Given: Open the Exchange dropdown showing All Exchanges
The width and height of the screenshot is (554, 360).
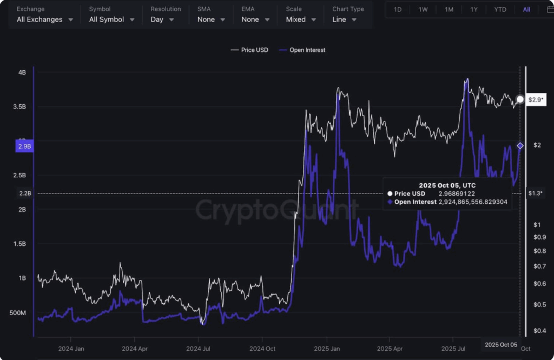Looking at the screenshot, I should [x=46, y=19].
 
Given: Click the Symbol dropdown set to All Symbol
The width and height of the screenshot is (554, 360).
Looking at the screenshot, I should [x=111, y=19].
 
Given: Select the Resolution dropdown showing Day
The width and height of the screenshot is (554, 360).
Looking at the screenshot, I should [x=162, y=19].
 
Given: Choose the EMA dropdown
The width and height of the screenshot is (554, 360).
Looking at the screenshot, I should [x=255, y=19].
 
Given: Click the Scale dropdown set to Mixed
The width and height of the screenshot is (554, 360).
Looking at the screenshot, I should [x=300, y=19].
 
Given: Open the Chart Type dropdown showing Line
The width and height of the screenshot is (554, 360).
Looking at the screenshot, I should [x=345, y=19].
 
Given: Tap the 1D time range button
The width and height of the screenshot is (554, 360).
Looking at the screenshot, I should [x=398, y=10].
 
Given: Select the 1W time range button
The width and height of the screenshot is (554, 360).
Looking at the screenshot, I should [x=423, y=10].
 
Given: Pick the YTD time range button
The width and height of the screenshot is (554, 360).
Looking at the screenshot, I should [x=500, y=10].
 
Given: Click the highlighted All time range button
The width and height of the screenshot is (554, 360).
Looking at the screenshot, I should [x=526, y=10].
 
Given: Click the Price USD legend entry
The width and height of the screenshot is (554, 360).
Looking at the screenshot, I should [x=250, y=50].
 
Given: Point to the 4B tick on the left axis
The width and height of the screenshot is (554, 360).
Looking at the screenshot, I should [x=22, y=72].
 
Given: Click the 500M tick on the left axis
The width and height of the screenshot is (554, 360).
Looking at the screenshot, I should [x=18, y=313].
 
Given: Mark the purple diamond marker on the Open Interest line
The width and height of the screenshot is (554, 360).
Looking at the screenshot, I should [x=520, y=146].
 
